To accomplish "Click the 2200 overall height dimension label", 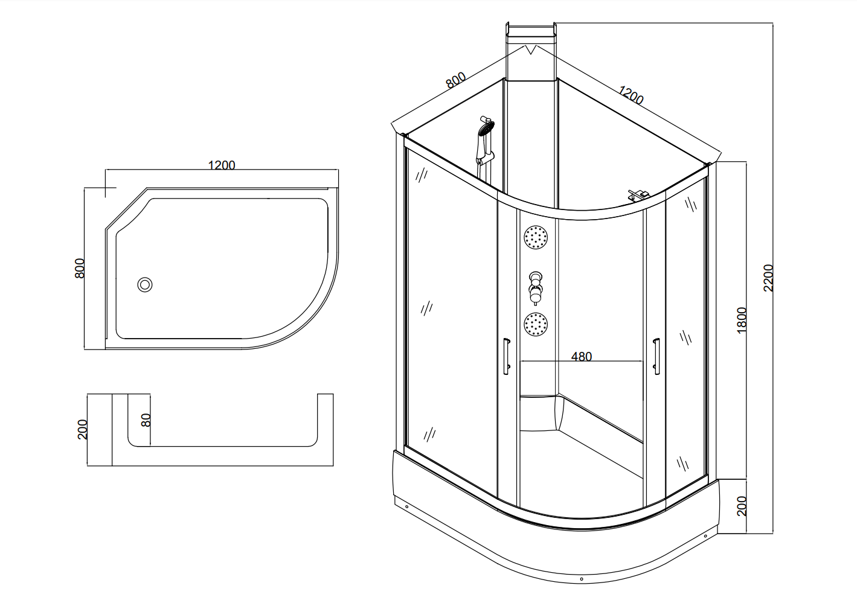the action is pos(768,278).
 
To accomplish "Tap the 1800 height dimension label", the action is pos(742,320).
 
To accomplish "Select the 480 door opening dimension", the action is pos(582,356).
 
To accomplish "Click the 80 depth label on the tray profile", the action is pos(146,420).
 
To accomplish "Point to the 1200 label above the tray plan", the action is pos(222,165).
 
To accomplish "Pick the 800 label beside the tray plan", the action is pos(80,268).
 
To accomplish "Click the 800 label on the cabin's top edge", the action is pos(455,80).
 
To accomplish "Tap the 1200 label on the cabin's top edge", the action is pos(631,95).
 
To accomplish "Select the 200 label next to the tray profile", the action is pos(83,429).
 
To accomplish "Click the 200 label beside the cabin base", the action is pos(742,506).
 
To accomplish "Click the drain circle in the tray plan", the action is pos(145,284).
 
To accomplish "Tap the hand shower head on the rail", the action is pos(486,128).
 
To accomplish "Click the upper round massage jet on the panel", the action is pos(536,237).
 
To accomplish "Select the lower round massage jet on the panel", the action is pos(536,325).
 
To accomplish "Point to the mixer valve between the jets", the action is pos(535,288).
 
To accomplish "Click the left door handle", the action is pos(507,356).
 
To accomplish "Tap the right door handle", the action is pos(656,356).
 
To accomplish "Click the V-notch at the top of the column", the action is pos(530,49).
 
